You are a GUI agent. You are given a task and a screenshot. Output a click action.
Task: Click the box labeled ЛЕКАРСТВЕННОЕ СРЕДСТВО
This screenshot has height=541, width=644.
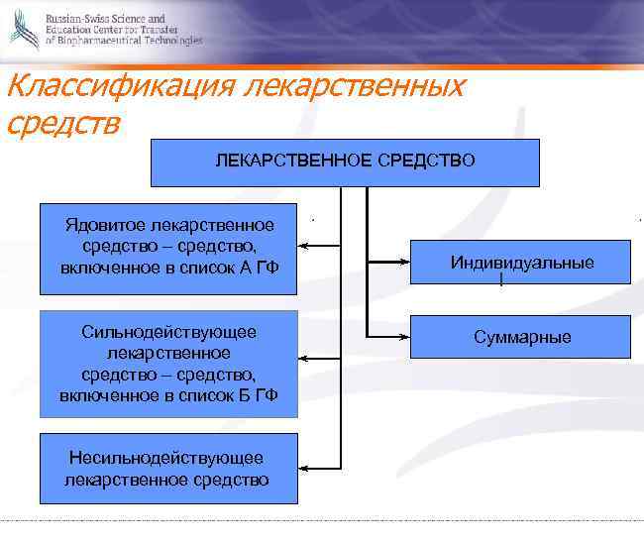[345, 162]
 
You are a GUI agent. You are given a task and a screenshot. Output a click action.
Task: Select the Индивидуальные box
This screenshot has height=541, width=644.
[522, 263]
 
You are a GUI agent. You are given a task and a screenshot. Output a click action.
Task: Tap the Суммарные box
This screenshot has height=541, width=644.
[522, 337]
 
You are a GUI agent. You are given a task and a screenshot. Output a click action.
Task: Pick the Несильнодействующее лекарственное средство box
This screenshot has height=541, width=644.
[167, 468]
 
